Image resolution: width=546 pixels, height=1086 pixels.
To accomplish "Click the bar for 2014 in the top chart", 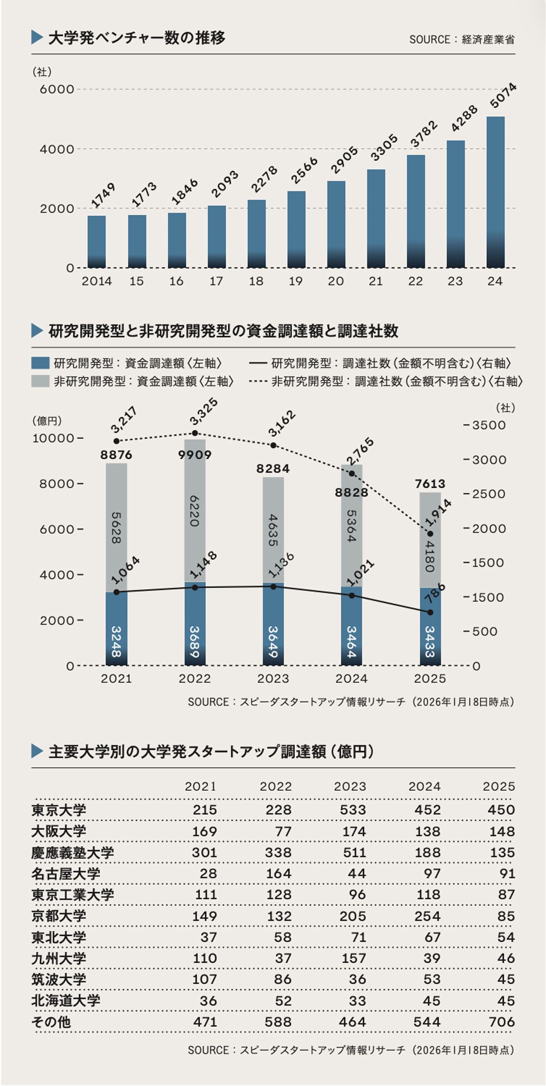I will coord(96,242).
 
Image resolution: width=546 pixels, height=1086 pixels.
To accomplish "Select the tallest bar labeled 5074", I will coord(495,192).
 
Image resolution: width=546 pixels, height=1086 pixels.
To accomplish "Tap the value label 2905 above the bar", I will coord(344,160).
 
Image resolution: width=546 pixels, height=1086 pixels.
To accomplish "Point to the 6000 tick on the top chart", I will coord(56,89).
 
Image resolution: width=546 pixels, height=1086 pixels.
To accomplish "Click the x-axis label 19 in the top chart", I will coord(296,281).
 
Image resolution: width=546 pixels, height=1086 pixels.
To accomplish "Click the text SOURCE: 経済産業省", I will coord(462,40).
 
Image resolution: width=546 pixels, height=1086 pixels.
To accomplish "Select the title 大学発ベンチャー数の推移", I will coord(136,38).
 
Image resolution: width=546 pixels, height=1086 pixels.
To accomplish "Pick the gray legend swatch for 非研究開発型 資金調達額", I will coord(40,381).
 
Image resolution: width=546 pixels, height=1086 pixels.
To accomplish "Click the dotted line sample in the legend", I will coord(258,381).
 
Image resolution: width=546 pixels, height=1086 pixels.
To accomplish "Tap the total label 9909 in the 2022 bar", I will coord(195,455).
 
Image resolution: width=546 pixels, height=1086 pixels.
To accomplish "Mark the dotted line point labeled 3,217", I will coord(116,441).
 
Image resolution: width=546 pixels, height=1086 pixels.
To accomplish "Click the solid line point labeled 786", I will coord(430,612).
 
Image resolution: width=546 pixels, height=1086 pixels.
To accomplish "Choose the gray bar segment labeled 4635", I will coord(273,530).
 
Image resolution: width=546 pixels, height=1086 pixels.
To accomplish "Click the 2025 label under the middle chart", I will coord(430,679).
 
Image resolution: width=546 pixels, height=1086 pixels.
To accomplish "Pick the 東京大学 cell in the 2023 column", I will coord(353,810).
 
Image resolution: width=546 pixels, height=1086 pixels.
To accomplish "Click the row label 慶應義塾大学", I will coord(73,853).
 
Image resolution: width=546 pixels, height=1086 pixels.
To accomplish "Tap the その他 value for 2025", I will coord(501,1022).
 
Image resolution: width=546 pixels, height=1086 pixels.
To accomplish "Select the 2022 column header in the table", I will coord(275,786).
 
